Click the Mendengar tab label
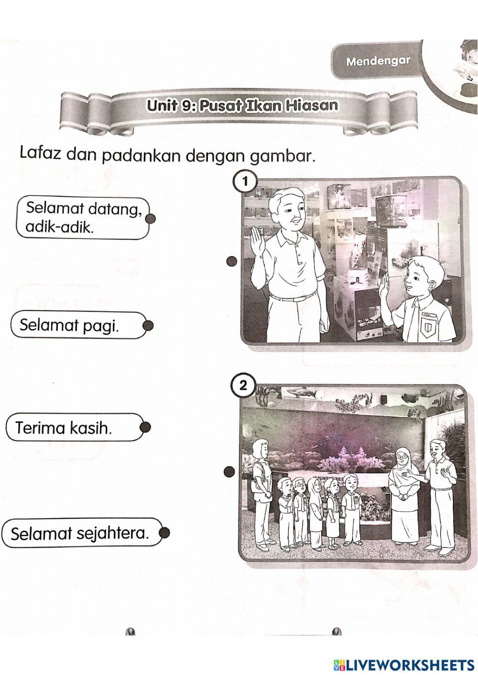378,61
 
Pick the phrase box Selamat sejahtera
79,533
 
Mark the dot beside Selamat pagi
148,325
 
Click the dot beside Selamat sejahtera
164,533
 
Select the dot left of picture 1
232,261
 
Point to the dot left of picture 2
229,472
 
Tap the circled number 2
243,385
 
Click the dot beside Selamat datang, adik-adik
151,219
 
